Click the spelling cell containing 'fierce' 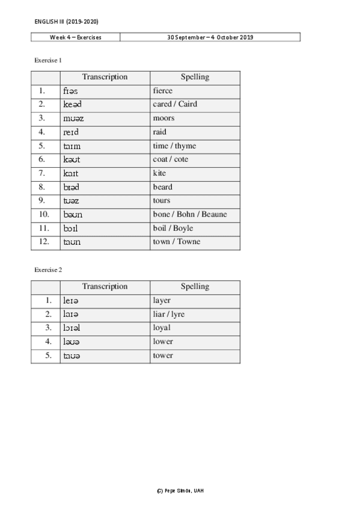163,91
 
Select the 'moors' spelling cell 163,118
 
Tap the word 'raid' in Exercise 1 160,132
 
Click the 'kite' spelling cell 159,173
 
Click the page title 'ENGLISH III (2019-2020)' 66,21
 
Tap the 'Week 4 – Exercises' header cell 75,37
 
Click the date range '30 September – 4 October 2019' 210,37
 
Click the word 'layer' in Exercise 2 162,300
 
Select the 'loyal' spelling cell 162,328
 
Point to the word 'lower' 163,342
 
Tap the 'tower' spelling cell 163,355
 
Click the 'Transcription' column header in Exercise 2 105,286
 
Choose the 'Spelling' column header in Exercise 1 195,77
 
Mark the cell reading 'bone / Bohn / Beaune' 190,215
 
